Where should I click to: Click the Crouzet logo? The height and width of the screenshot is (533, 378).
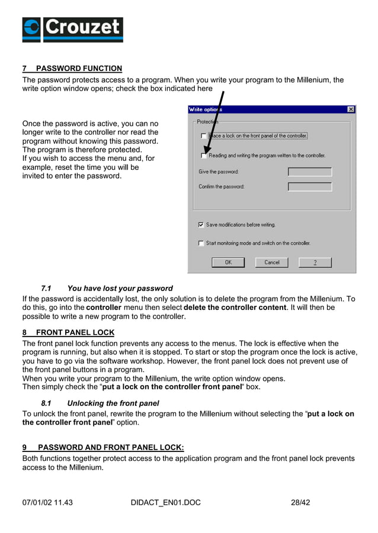(x=72, y=30)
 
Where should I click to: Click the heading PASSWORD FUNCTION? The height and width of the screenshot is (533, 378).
(x=79, y=69)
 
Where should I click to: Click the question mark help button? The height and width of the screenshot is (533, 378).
(x=315, y=262)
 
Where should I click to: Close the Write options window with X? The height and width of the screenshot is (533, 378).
(x=351, y=109)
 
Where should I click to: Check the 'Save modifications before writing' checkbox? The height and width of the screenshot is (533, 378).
(x=201, y=225)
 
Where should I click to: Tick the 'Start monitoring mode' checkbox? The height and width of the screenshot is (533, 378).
(x=201, y=243)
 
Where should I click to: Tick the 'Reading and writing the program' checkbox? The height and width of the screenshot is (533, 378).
(x=204, y=156)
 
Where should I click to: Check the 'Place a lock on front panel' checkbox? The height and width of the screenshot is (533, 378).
(x=204, y=136)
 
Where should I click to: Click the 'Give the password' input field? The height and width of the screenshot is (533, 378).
(x=309, y=172)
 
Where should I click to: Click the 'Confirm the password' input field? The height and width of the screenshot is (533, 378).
(x=309, y=187)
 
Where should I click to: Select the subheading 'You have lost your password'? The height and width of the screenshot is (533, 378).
(x=120, y=289)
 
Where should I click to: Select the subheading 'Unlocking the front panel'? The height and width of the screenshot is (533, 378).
(x=113, y=403)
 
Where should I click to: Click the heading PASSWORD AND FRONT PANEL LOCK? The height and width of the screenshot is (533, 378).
(x=111, y=448)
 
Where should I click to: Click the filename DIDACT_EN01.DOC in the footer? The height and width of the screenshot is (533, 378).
(x=165, y=503)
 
